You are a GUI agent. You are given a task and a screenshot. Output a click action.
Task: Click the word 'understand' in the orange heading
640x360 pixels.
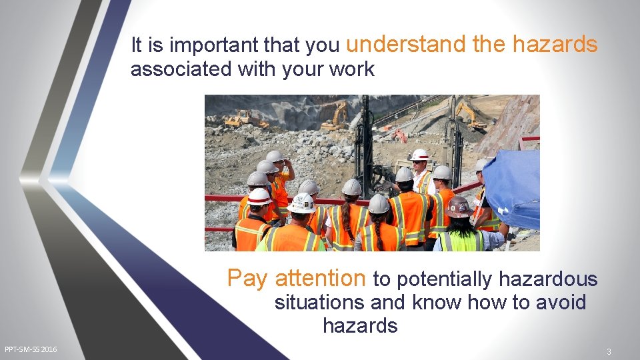(406, 44)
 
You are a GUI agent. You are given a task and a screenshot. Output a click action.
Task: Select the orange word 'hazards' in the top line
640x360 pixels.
(555, 44)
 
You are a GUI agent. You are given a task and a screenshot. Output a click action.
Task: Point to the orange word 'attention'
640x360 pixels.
(320, 277)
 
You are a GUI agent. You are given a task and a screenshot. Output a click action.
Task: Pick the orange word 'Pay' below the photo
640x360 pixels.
(247, 278)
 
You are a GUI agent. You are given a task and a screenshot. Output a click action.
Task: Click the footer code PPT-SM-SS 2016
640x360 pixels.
(31, 349)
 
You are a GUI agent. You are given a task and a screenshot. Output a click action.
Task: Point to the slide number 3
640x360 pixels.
(608, 351)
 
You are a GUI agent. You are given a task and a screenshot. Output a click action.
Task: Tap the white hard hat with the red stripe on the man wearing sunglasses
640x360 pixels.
(420, 155)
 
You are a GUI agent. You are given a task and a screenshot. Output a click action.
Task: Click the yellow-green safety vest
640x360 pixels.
(460, 241)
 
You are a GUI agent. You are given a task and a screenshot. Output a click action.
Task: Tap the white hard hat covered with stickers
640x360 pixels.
(303, 203)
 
